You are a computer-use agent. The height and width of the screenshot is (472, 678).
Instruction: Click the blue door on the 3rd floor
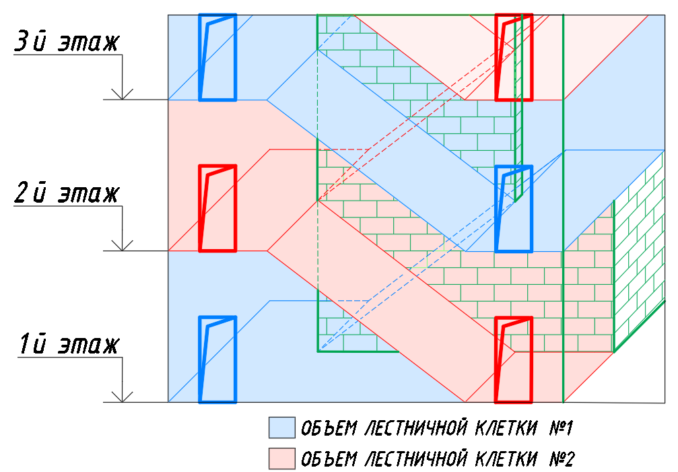click(217, 57)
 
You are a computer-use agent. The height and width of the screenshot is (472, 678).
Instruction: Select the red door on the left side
click(217, 209)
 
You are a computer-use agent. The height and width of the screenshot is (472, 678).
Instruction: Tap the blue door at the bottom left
click(217, 360)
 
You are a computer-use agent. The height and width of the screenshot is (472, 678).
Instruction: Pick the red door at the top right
click(514, 57)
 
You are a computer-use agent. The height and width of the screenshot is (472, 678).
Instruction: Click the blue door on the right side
click(514, 209)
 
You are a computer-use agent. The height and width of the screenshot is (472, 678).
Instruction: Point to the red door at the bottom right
click(514, 360)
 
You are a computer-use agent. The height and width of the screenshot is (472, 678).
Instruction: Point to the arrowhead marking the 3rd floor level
click(122, 94)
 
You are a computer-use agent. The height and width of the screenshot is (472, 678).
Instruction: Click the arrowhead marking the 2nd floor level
click(122, 246)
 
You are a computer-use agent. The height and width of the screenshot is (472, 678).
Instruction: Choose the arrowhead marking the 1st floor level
click(122, 397)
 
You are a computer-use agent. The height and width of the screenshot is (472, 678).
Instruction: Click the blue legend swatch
click(281, 428)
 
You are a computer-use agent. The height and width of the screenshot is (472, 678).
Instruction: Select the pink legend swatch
click(281, 459)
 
